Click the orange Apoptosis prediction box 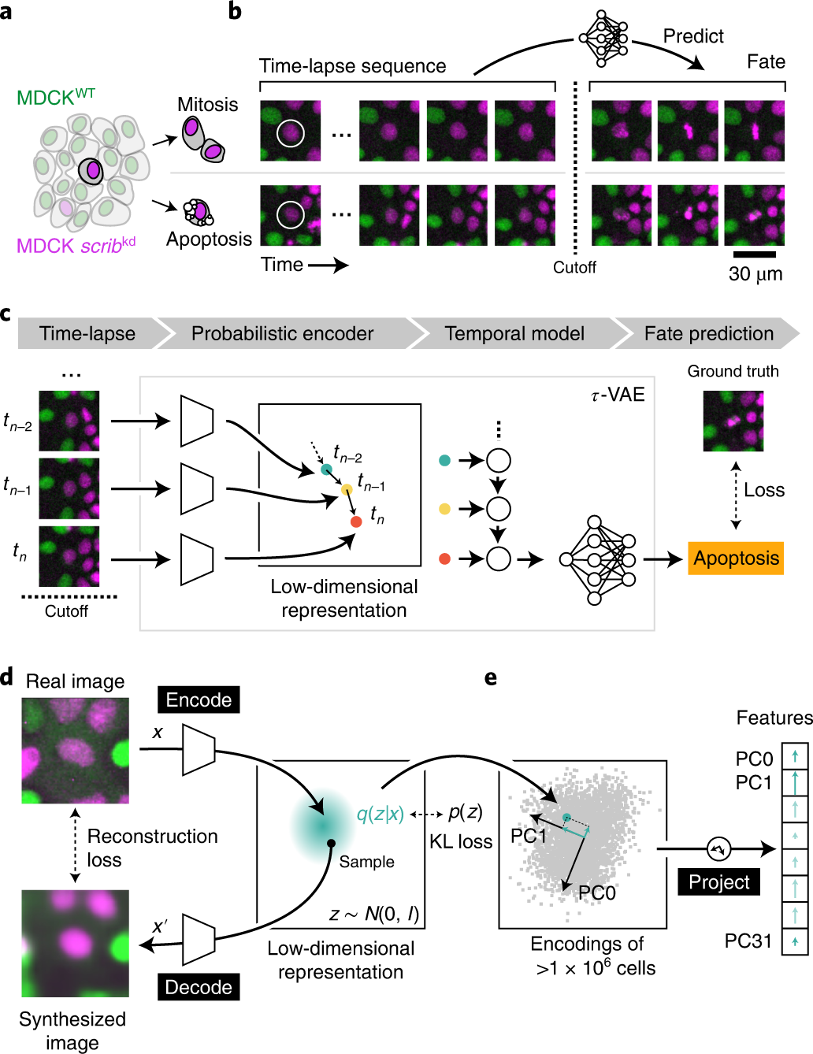click(x=736, y=559)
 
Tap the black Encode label click(x=199, y=700)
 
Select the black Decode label click(x=199, y=987)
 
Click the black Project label click(x=718, y=881)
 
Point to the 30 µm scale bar click(x=754, y=254)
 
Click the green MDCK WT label click(x=56, y=98)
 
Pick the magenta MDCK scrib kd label click(x=76, y=246)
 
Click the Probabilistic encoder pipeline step click(x=282, y=334)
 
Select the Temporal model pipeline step click(x=514, y=334)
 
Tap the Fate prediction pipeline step click(x=708, y=334)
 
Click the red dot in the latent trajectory click(x=356, y=521)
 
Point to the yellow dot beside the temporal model click(x=444, y=509)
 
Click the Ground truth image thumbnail click(x=733, y=421)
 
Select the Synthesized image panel click(x=75, y=943)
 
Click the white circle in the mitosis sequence click(x=290, y=132)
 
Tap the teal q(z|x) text click(x=381, y=814)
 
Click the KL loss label click(x=461, y=842)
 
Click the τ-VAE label click(x=618, y=394)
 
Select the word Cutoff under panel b click(x=574, y=267)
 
